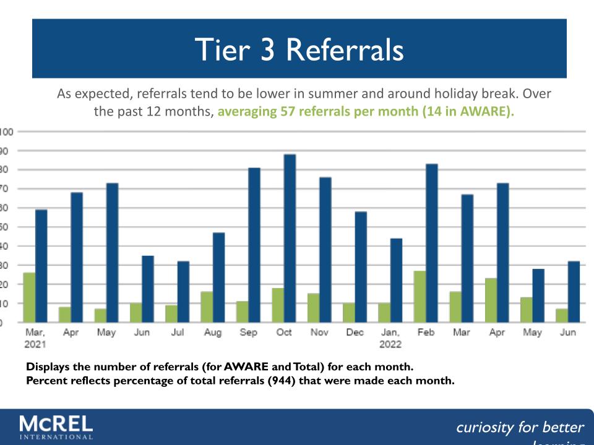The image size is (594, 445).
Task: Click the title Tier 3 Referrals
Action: click(299, 49)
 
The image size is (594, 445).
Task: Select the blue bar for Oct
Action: click(290, 238)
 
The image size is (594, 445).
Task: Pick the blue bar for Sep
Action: click(254, 245)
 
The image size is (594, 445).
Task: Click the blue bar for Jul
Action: click(183, 291)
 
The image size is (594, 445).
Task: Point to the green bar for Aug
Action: click(207, 307)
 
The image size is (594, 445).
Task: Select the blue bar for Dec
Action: click(360, 266)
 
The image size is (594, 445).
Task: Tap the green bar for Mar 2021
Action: click(29, 297)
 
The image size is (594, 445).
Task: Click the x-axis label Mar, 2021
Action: click(35, 338)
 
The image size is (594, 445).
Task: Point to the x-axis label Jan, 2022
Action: click(390, 338)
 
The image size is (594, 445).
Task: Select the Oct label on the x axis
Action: click(284, 333)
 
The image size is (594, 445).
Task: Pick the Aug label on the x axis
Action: click(213, 333)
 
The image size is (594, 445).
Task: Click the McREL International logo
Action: click(56, 426)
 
